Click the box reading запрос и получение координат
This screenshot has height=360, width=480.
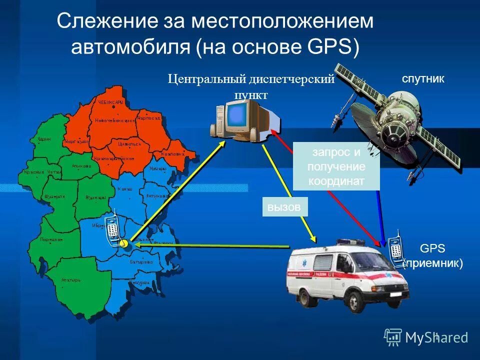point(336,166)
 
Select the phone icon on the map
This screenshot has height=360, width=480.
point(112,229)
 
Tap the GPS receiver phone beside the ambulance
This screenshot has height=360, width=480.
point(396,248)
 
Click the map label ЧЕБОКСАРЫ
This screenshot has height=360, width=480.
point(110,102)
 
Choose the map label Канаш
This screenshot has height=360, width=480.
point(124,189)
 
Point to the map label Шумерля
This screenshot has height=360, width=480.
point(54,196)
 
